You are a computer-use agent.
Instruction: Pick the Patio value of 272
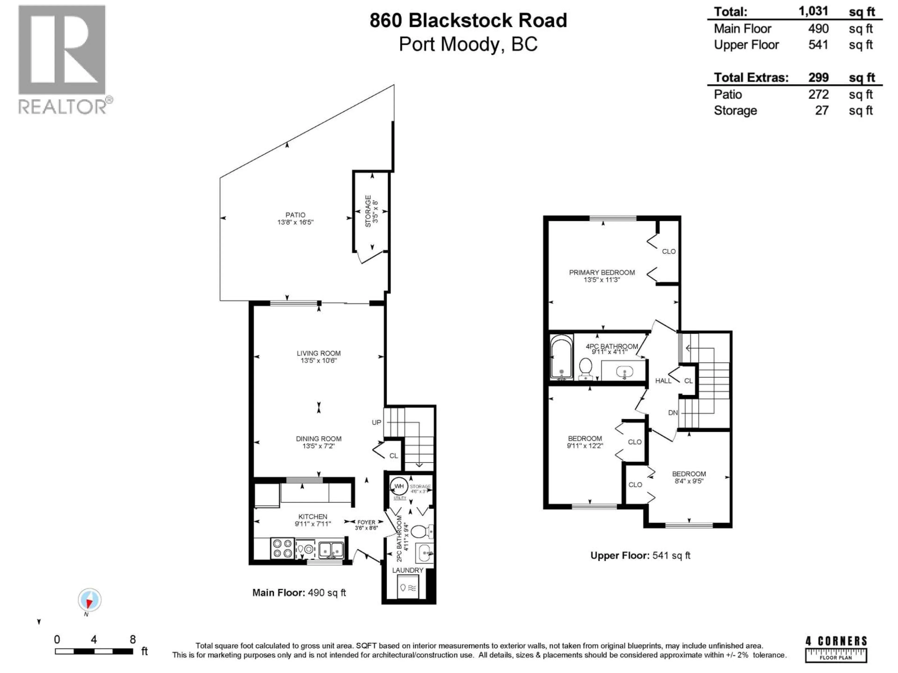coord(818,94)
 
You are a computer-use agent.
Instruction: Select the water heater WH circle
coord(399,486)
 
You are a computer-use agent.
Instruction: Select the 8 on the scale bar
coord(132,640)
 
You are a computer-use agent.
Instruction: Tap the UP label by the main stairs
coord(376,422)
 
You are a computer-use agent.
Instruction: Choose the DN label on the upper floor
coord(673,412)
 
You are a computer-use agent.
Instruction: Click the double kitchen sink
coord(331,550)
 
